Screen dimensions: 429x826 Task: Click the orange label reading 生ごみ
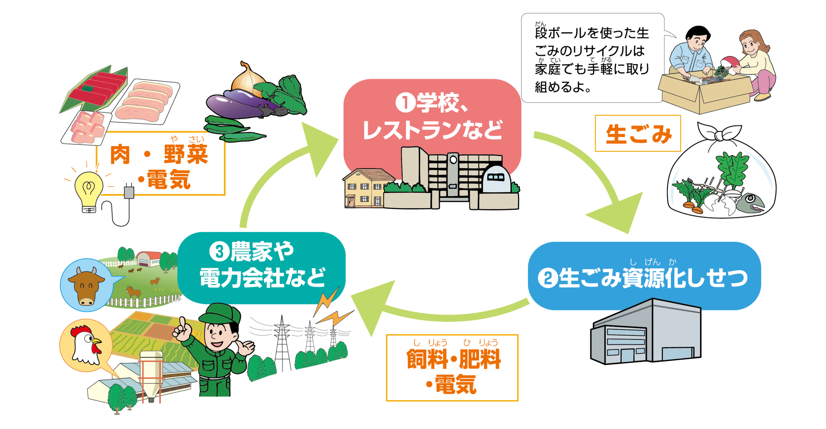pyautogui.click(x=638, y=134)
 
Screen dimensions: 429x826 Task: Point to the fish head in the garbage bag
pyautogui.click(x=750, y=203)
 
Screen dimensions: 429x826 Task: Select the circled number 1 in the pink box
pyautogui.click(x=405, y=103)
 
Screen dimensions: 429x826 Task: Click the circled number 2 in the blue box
pyautogui.click(x=548, y=278)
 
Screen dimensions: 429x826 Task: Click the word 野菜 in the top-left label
pyautogui.click(x=186, y=154)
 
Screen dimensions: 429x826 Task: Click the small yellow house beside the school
pyautogui.click(x=365, y=189)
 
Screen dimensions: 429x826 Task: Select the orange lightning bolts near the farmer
pyautogui.click(x=332, y=310)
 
